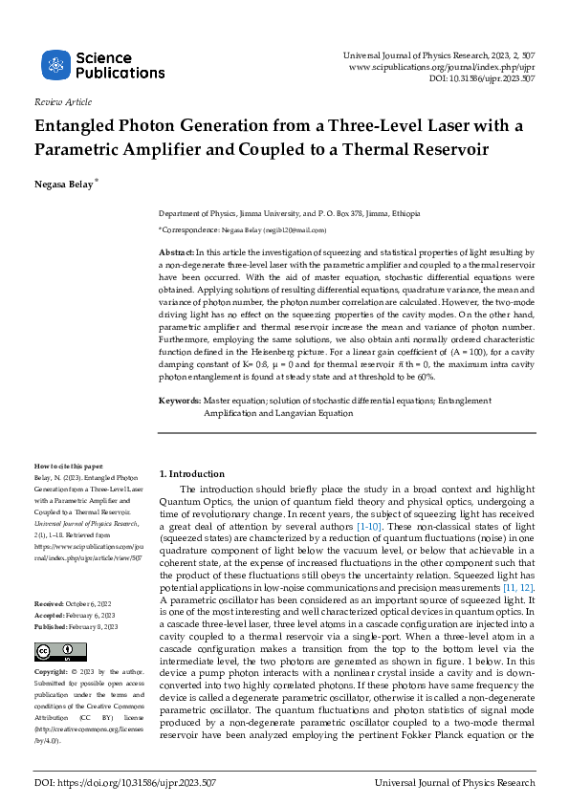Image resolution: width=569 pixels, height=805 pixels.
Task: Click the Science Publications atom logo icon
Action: [56, 65]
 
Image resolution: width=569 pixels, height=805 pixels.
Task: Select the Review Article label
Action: [62, 101]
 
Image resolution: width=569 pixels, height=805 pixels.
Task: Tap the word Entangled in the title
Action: [79, 126]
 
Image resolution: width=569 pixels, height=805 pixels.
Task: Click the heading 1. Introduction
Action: [191, 474]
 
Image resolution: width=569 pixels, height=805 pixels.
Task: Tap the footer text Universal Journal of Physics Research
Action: [456, 782]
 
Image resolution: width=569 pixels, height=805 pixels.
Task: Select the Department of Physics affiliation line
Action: [289, 214]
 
